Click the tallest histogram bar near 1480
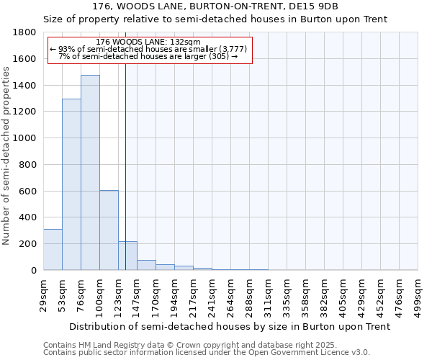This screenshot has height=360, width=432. (90, 173)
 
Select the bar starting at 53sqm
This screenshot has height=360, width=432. (71, 184)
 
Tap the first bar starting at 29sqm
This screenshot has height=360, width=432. (53, 249)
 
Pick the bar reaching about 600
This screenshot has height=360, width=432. (109, 230)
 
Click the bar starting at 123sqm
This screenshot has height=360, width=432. (127, 256)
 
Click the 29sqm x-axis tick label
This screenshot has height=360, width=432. (43, 292)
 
